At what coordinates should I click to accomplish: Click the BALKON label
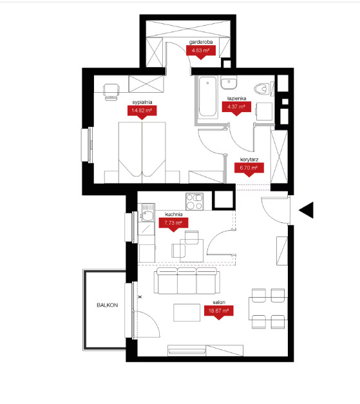107,305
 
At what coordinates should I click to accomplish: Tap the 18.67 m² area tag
218,312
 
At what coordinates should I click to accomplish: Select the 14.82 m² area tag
142,112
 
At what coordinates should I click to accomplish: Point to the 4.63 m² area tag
200,52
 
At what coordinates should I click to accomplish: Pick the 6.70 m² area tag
249,169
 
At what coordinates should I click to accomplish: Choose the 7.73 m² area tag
173,224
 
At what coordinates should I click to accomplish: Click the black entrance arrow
307,210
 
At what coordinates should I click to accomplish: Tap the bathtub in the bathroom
207,97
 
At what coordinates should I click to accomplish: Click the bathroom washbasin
229,82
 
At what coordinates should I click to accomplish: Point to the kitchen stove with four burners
194,202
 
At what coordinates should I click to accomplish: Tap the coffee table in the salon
187,313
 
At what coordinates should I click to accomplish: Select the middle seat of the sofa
187,281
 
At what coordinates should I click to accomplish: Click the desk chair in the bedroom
111,92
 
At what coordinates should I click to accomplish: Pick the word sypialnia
142,102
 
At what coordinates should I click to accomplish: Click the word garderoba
201,42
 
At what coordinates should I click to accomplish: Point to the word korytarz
249,160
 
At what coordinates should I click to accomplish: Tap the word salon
219,302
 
